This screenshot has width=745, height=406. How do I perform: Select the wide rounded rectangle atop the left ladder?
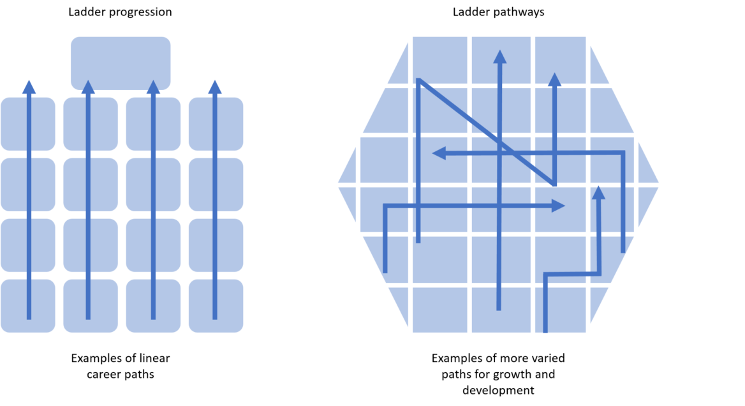pos(121,63)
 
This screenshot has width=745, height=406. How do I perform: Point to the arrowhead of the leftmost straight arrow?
pos(29,87)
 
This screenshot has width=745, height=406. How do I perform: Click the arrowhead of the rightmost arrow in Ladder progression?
pos(215,87)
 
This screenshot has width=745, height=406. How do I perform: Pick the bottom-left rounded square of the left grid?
pos(28,306)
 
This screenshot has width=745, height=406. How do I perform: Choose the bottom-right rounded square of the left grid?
pos(216,306)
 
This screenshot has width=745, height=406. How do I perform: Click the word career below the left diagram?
pos(101,374)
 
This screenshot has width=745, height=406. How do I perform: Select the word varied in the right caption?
pos(550,358)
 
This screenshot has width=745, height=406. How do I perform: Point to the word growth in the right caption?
pos(517,375)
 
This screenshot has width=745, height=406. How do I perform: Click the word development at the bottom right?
pos(498,390)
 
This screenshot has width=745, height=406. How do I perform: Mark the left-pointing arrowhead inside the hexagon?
pos(439,153)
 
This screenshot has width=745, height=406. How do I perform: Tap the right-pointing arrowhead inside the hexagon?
pos(558,206)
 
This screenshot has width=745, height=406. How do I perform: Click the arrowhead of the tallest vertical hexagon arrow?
pos(499,57)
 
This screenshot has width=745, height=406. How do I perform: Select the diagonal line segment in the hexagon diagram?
pos(486,132)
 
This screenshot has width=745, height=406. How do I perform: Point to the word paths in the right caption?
pos(455,375)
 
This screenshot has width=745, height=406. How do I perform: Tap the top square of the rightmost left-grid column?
pos(216,124)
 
